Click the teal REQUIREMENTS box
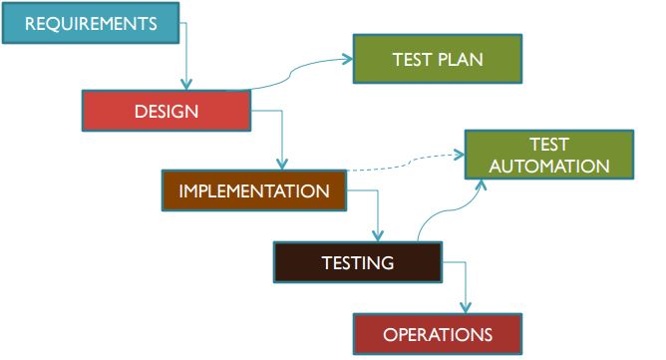click(x=91, y=23)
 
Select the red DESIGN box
click(x=166, y=111)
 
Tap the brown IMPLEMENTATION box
click(x=253, y=190)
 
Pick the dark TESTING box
click(x=357, y=263)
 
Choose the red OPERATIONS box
click(x=438, y=334)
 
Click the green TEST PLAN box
click(x=437, y=59)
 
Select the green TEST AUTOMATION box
click(x=548, y=155)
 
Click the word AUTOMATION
click(x=548, y=166)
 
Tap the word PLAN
click(x=461, y=60)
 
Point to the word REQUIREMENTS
click(x=91, y=23)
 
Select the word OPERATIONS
click(x=438, y=334)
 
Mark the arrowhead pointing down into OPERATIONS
click(x=466, y=308)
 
